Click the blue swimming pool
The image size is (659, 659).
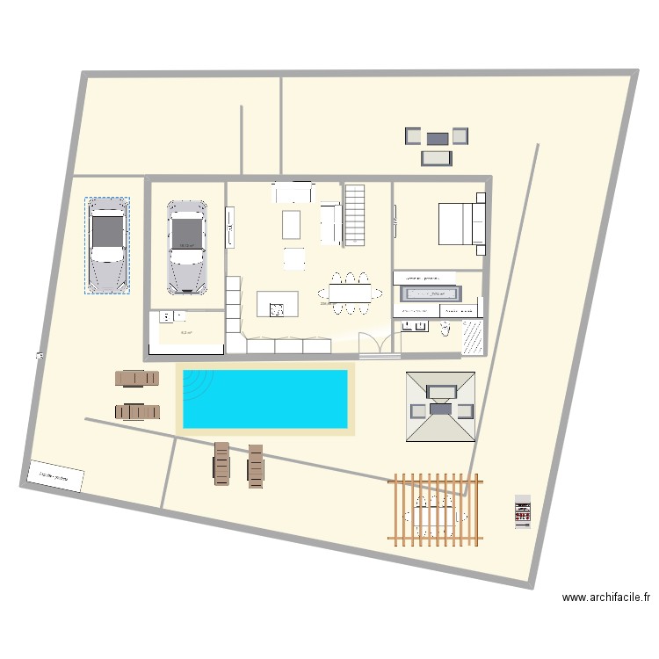click(x=264, y=399)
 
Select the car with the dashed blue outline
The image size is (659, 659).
click(x=107, y=244)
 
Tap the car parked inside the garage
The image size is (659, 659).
click(x=186, y=246)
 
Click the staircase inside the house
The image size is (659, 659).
click(x=354, y=213)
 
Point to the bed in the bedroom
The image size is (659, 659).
click(x=460, y=223)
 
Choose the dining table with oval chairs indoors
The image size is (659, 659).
click(x=350, y=293)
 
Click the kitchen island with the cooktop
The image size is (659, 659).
click(x=277, y=304)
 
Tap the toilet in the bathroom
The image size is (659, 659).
click(x=445, y=329)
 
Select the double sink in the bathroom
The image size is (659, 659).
click(x=415, y=327)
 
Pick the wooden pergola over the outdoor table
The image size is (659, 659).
click(x=437, y=510)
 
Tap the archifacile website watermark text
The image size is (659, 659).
click(x=606, y=597)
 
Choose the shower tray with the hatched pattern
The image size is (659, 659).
click(x=472, y=336)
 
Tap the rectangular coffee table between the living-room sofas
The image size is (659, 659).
click(x=292, y=225)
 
